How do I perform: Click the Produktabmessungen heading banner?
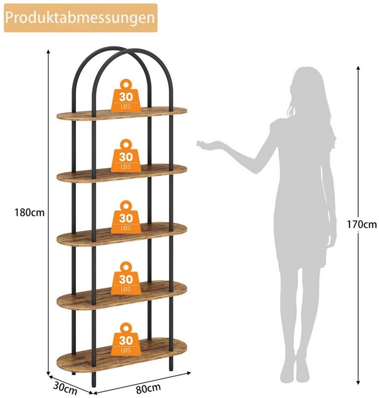(x=80, y=18)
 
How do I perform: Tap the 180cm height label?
(x=29, y=213)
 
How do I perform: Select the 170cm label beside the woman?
(x=362, y=225)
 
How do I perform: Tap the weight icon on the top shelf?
(x=126, y=95)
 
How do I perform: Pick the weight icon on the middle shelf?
(x=126, y=217)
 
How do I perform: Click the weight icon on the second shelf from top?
(x=126, y=156)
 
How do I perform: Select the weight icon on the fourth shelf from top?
(x=126, y=278)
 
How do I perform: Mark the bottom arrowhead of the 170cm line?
(x=358, y=383)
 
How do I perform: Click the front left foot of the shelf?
(x=93, y=384)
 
